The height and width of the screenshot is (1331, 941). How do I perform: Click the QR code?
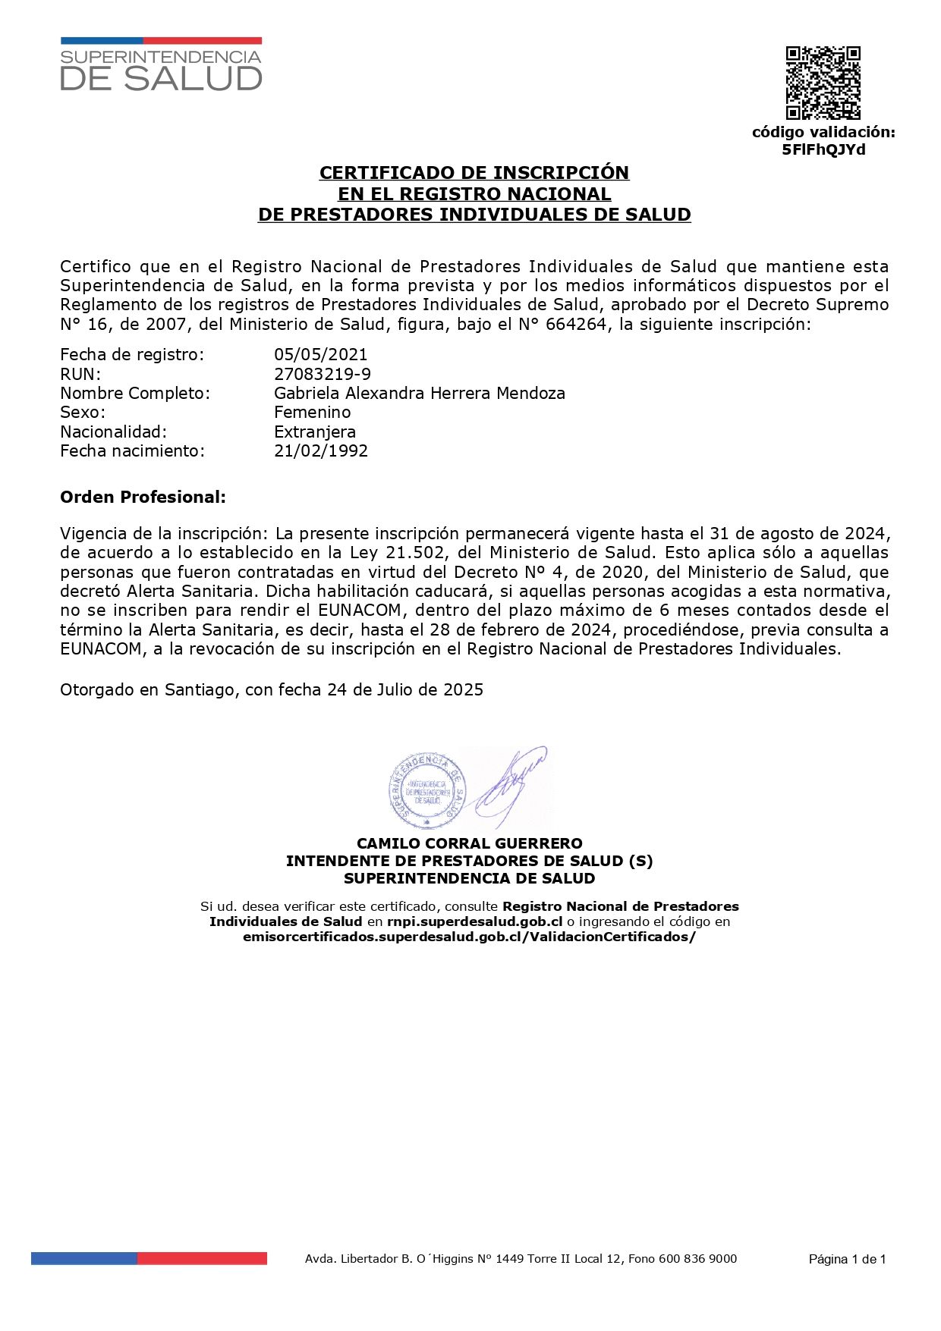(x=823, y=83)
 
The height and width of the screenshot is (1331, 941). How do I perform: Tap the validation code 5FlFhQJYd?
(x=823, y=149)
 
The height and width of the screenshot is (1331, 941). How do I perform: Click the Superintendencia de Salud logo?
(x=161, y=64)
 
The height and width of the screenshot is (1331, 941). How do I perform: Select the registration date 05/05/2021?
(x=320, y=354)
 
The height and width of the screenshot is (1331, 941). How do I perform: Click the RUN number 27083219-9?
(x=323, y=374)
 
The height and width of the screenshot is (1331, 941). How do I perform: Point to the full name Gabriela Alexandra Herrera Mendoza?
(x=419, y=393)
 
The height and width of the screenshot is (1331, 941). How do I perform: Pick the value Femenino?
(x=312, y=412)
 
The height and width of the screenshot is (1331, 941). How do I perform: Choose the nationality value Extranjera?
(x=314, y=432)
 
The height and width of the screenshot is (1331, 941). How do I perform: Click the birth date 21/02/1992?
(x=321, y=450)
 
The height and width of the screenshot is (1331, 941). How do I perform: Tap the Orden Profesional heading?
(x=143, y=498)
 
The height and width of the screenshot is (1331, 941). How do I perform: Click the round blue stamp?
(x=426, y=789)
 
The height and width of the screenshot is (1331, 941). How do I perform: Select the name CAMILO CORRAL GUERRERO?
(x=469, y=843)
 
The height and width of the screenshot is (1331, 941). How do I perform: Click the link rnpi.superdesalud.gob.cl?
(x=474, y=921)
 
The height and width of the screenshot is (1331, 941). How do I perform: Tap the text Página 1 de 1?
(x=847, y=1259)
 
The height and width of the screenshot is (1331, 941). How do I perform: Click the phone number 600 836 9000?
(x=698, y=1259)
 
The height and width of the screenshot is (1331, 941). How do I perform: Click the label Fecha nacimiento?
(x=132, y=450)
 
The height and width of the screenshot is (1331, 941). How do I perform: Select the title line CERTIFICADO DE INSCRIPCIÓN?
(x=474, y=173)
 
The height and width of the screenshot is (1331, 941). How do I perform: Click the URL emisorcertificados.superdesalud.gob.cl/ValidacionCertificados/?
(x=469, y=937)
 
